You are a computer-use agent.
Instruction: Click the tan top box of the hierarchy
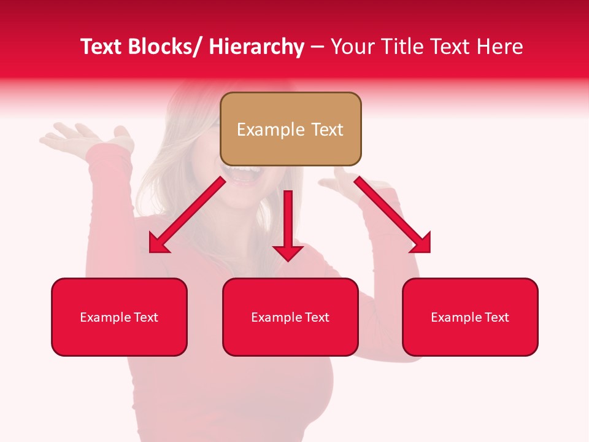pyautogui.click(x=290, y=129)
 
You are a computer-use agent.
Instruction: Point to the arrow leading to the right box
pyautogui.click(x=393, y=215)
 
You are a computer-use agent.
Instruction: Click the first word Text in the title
pyautogui.click(x=102, y=47)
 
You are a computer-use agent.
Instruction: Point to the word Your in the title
pyautogui.click(x=352, y=47)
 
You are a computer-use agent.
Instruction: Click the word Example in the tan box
pyautogui.click(x=271, y=130)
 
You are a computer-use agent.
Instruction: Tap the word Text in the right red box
pyautogui.click(x=497, y=317)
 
